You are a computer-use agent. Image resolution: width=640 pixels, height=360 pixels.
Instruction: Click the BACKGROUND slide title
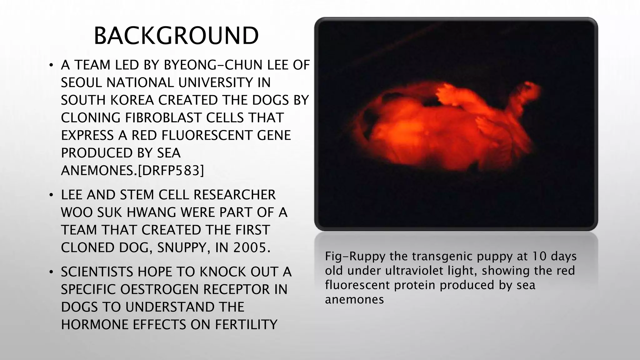pyautogui.click(x=176, y=36)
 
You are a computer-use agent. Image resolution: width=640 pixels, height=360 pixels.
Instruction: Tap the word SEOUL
pyautogui.click(x=82, y=83)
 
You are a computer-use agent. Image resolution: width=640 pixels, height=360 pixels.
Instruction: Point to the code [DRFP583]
pyautogui.click(x=171, y=171)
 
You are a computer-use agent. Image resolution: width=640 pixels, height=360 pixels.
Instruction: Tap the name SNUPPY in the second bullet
pyautogui.click(x=182, y=247)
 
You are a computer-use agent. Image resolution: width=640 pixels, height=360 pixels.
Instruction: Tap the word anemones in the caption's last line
pyautogui.click(x=354, y=299)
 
